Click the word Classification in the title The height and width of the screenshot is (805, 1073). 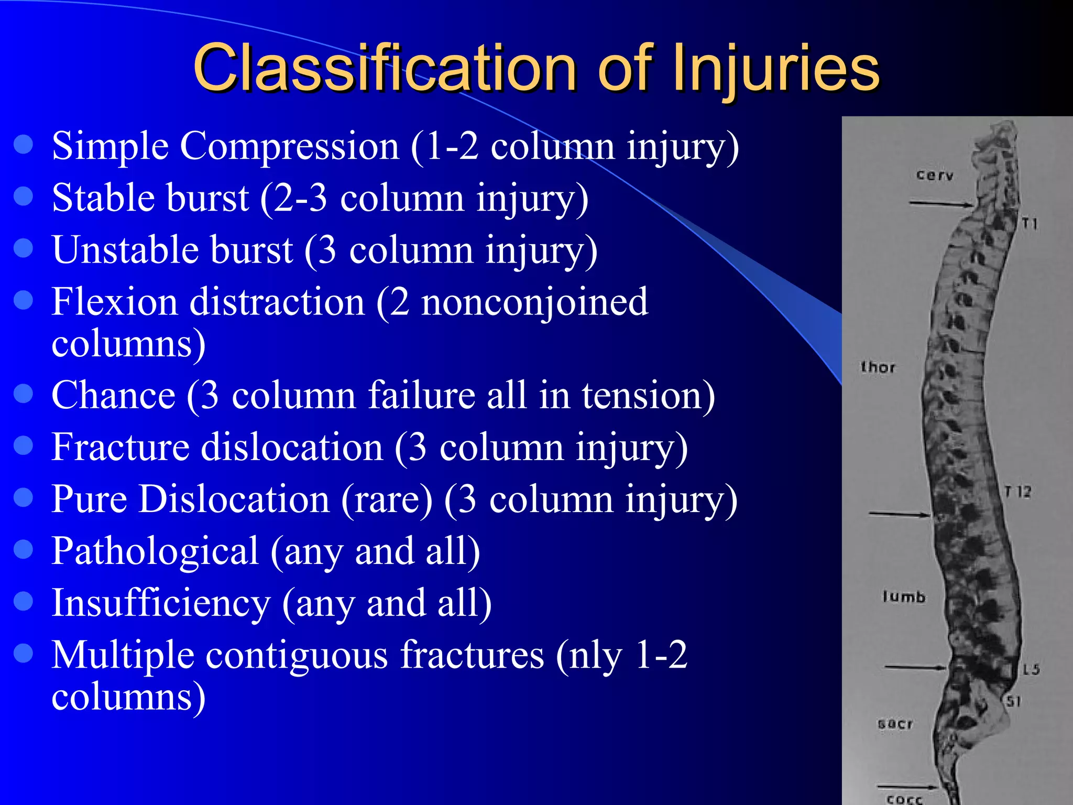[x=385, y=68]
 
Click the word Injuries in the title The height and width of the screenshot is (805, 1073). [x=774, y=68]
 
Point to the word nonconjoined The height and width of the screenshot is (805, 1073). [x=534, y=302]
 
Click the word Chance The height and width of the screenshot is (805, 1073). [x=113, y=395]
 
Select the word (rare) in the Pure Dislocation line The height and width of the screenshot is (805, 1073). [x=387, y=499]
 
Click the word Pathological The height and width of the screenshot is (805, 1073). [x=155, y=551]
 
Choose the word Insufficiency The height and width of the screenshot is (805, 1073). [x=161, y=603]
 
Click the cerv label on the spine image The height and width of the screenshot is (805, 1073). [x=935, y=175]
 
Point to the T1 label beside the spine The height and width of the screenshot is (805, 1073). [x=1030, y=224]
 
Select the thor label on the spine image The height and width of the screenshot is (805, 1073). [x=878, y=367]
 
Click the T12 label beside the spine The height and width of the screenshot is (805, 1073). [x=1018, y=492]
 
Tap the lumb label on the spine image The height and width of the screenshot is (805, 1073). [x=904, y=596]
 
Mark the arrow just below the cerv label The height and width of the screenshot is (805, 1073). [x=940, y=203]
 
